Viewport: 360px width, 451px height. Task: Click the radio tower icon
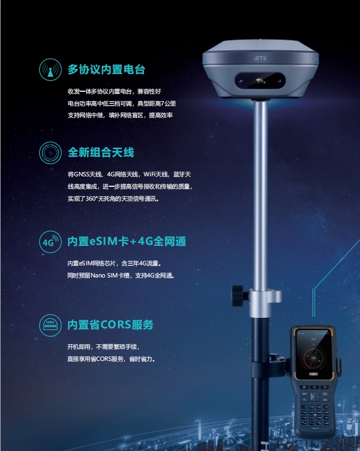[50, 70]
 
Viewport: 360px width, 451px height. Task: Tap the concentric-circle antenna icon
[50, 153]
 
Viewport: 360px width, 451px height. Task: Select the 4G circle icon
[50, 242]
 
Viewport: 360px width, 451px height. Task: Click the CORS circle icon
[50, 325]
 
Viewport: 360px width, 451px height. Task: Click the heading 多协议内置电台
[107, 70]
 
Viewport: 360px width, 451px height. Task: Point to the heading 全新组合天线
[101, 153]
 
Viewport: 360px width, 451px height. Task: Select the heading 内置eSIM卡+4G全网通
[126, 242]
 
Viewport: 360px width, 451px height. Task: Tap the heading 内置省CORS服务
[110, 324]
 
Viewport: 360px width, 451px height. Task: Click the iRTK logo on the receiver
[261, 59]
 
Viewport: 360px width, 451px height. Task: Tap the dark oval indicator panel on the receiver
[260, 81]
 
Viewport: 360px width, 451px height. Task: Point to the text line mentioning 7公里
[122, 103]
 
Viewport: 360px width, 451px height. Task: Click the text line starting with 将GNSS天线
[129, 174]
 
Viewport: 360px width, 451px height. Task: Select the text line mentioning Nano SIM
[121, 275]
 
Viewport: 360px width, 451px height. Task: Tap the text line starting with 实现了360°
[113, 198]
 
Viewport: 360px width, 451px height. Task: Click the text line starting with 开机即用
[103, 347]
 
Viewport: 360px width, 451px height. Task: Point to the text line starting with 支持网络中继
[120, 116]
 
